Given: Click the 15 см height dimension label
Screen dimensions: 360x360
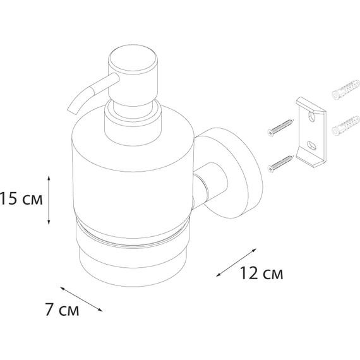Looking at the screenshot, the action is [21, 198].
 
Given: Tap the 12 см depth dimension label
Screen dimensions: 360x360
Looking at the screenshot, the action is [261, 273].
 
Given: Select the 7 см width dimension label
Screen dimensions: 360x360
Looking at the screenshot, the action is [62, 310].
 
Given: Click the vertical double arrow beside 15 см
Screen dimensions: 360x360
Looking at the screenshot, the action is [49, 200].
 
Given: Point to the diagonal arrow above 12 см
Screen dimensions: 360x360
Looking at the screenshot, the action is [236, 263].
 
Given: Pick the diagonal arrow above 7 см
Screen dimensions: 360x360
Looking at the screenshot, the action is [81, 299].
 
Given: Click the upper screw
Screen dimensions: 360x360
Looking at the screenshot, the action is [280, 128].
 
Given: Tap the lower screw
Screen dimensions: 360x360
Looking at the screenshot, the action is [280, 164].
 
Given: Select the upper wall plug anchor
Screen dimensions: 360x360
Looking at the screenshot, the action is [345, 90].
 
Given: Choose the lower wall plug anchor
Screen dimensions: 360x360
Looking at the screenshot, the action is [345, 125].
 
